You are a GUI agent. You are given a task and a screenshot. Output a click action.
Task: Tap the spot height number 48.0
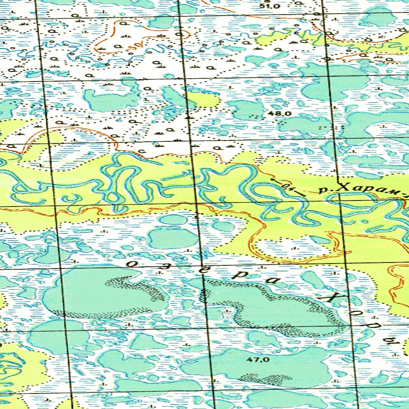pyautogui.click(x=280, y=113)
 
